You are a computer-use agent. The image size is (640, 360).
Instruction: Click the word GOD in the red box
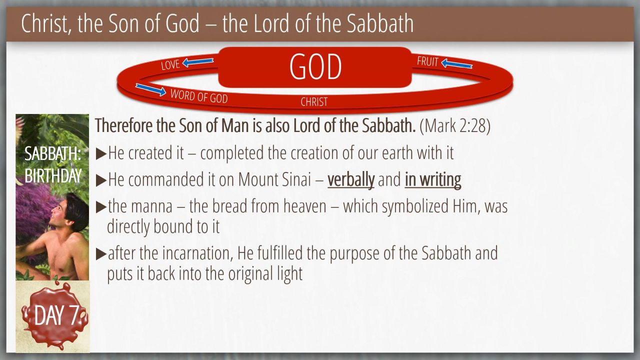point(315,66)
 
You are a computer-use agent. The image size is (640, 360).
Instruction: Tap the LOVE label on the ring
point(170,65)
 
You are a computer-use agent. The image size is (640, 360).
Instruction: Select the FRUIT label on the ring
point(427,61)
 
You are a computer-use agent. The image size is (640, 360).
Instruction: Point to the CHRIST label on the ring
point(314,102)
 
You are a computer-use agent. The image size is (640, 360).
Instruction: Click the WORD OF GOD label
point(199,96)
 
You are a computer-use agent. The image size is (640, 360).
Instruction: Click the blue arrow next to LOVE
point(197,62)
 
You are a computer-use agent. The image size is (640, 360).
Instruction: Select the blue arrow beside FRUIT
point(456,63)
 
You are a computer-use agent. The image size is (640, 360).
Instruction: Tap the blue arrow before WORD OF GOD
point(151,89)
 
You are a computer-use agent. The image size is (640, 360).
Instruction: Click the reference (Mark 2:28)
point(455,125)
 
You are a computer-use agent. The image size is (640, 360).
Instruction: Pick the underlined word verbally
point(351,179)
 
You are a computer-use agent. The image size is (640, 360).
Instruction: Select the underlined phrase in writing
point(433,179)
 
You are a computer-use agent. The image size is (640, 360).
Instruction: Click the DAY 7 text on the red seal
point(56,315)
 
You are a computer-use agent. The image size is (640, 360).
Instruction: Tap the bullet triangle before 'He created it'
point(101,154)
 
